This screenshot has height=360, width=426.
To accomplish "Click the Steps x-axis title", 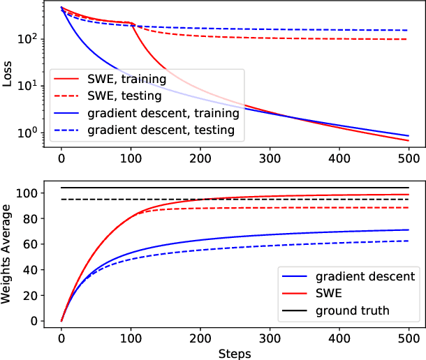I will point(234,353).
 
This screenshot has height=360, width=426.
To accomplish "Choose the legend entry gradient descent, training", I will point(168,112).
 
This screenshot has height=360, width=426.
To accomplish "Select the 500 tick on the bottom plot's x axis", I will point(409,338).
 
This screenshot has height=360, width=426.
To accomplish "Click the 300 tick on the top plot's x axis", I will point(270,158).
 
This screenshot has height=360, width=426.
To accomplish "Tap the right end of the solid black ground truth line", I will point(409,188).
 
